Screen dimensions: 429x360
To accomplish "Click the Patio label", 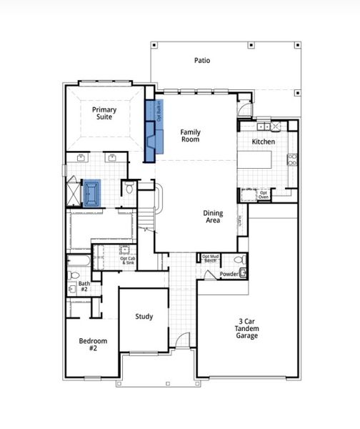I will pos(202,61).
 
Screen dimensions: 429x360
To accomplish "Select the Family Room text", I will pos(190,135).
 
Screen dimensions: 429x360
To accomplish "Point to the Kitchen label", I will pos(263,142).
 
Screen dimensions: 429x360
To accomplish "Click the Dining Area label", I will pos(213,217).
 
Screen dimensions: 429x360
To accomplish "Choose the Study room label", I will pos(145,317).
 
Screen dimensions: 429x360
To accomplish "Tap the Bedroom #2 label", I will pos(93,345).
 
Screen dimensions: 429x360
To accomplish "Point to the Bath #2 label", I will pos(84,287).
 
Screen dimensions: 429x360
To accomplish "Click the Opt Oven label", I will pos(264,194).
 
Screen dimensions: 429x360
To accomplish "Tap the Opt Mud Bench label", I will pos(210,259).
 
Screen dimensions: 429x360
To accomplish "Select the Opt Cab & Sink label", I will pos(127,261).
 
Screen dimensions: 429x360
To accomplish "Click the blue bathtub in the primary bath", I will pos(92,192).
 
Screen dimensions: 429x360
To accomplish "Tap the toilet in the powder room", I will pos(241,260).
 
